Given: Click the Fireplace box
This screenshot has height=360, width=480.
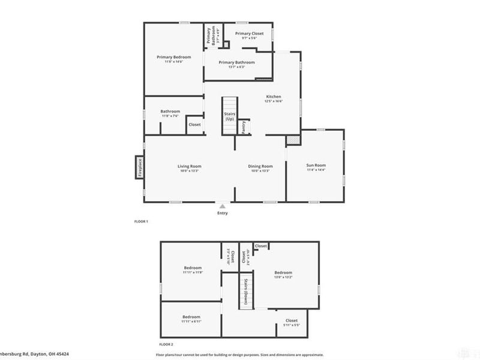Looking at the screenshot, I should pos(139,167).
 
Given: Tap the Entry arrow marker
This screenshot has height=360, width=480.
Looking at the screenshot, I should pos(223,206).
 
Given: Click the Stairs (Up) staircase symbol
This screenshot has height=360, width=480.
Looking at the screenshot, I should pos(229,115).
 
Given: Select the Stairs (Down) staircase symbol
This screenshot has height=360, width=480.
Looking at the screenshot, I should pos(245,292).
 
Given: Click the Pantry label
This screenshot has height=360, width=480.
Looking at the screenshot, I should pos(244,127).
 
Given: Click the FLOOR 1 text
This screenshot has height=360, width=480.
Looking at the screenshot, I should pos(140,222).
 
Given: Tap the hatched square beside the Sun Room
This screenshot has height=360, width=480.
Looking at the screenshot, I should pos(292,139).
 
